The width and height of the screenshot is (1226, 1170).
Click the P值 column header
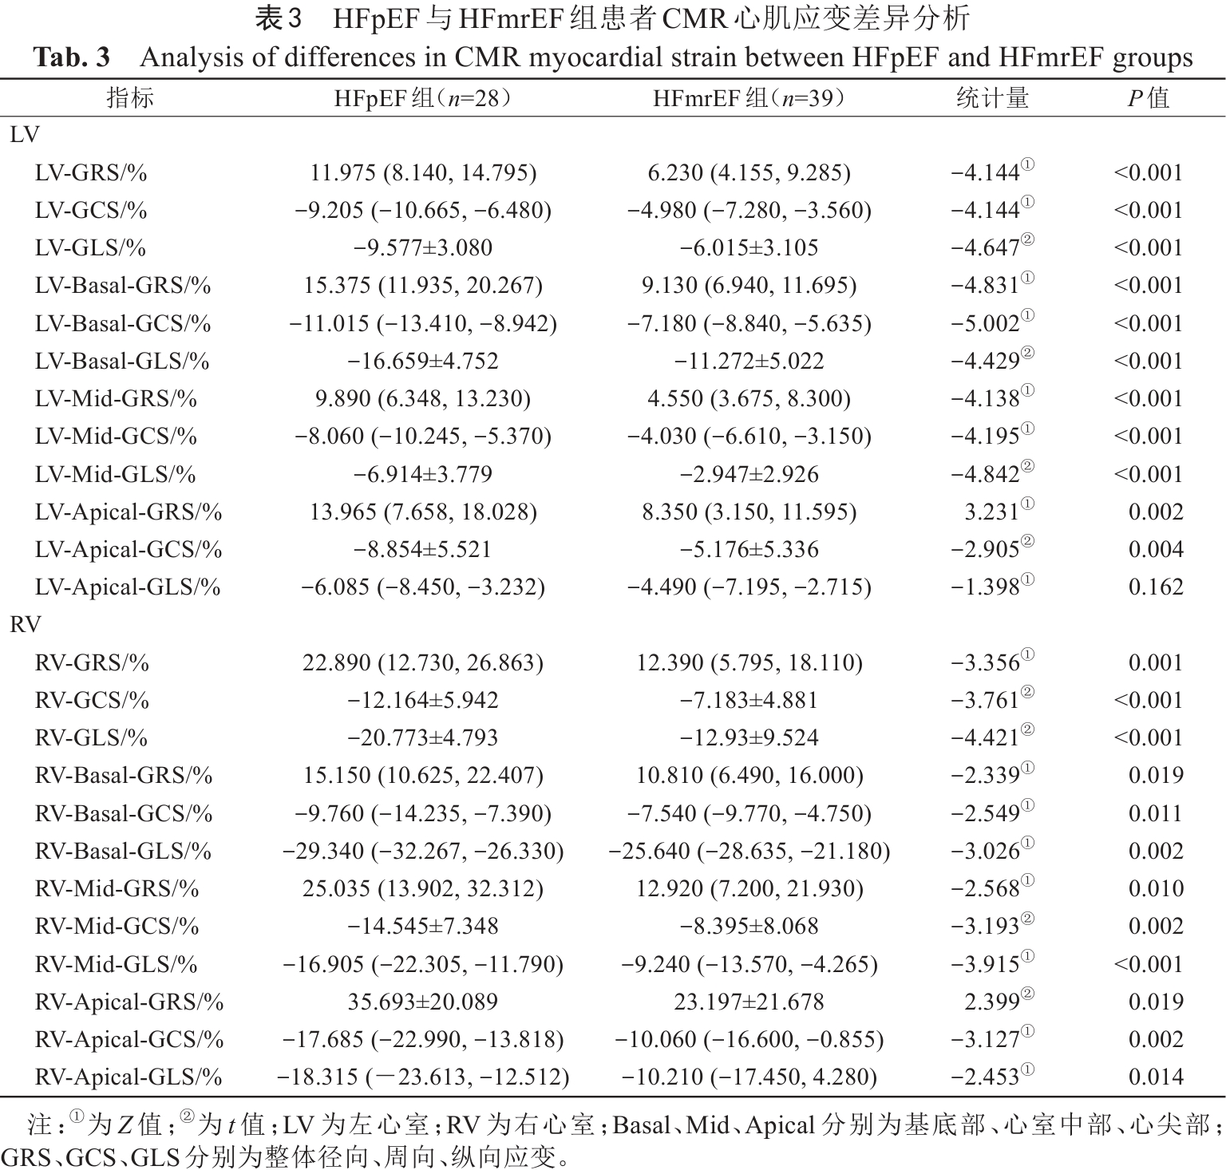[x=1148, y=98]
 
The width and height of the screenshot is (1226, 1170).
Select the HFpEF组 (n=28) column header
[x=422, y=98]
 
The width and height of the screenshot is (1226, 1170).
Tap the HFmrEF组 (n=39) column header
[x=749, y=98]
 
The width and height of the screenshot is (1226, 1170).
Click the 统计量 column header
[x=992, y=98]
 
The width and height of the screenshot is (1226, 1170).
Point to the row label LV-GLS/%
[x=90, y=248]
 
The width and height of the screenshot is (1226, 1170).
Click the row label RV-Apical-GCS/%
[x=129, y=1040]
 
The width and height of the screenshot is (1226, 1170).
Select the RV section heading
[x=25, y=625]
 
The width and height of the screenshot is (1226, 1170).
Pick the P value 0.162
[x=1155, y=587]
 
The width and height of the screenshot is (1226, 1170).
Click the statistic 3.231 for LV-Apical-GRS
[x=991, y=512]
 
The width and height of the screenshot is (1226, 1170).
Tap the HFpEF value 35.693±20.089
[x=422, y=1002]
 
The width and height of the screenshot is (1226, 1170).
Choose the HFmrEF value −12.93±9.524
[x=749, y=738]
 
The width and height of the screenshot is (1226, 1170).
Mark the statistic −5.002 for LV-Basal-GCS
[x=985, y=324]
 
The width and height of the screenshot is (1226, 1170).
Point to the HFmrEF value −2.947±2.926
[x=749, y=475]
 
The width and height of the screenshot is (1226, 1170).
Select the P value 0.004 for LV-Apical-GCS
[x=1155, y=550]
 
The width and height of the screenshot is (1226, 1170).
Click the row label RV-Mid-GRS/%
[x=117, y=889]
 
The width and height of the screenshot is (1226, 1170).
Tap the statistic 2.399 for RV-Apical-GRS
[x=991, y=1002]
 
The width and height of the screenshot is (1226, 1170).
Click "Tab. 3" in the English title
[x=71, y=58]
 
